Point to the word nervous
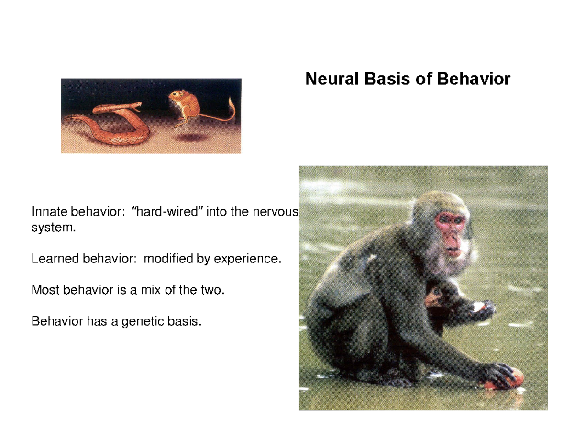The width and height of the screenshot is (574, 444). [277, 212]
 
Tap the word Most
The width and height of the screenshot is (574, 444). [44, 290]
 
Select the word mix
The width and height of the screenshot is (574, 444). [145, 290]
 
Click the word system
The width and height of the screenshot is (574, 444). [53, 228]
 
